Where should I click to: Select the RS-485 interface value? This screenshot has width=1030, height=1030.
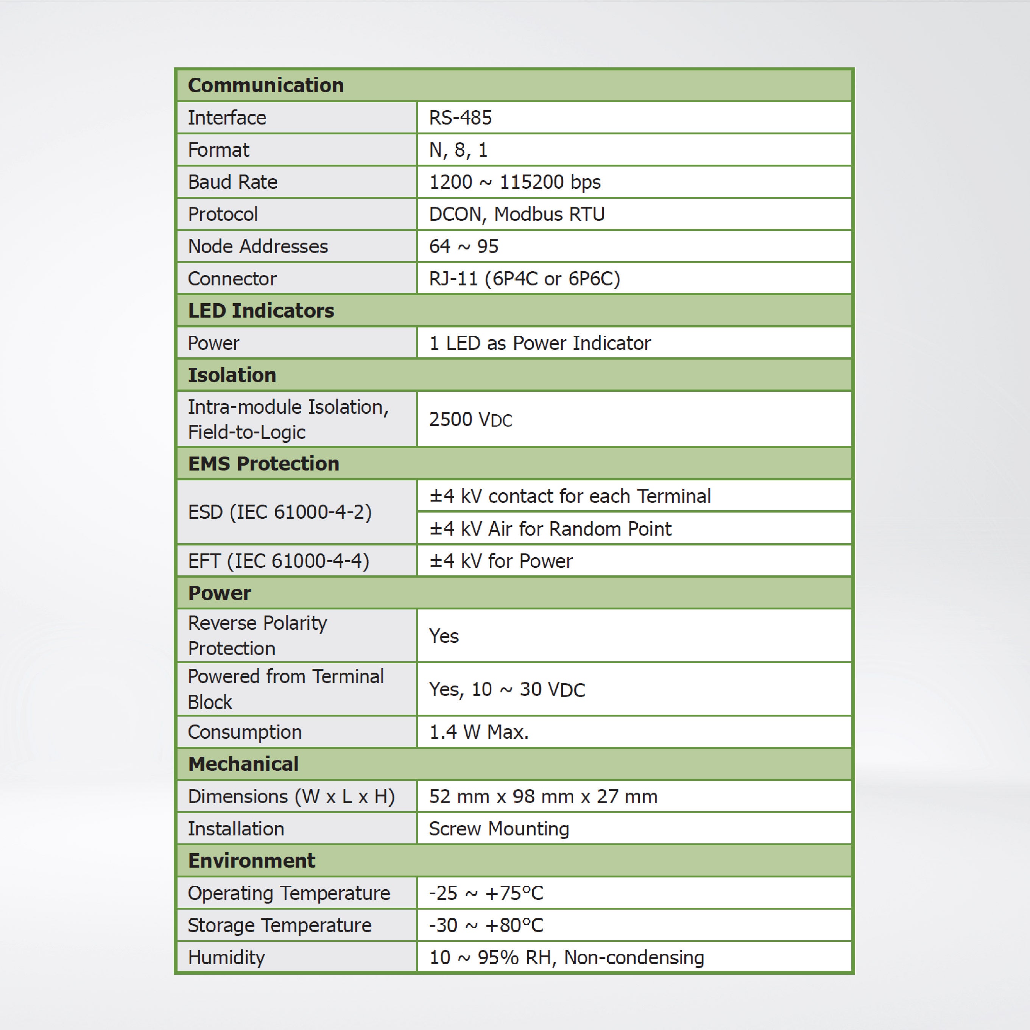tap(460, 118)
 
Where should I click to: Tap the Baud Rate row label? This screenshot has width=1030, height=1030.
tap(232, 182)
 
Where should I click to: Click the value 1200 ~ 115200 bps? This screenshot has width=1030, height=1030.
tap(514, 182)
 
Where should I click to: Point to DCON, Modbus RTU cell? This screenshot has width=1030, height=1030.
tap(517, 214)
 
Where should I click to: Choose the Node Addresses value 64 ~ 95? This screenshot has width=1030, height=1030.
tap(463, 246)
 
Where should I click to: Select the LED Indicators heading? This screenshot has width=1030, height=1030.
tap(261, 311)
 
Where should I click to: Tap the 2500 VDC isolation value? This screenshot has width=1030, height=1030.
tap(470, 419)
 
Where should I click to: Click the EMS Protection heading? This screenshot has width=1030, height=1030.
tap(263, 464)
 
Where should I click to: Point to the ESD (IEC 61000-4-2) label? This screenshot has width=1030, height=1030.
tap(279, 512)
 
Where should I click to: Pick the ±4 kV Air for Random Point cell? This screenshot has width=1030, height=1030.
tap(550, 529)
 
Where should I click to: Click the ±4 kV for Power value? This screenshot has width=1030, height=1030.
tap(500, 561)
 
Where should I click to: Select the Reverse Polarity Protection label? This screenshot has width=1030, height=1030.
tap(257, 636)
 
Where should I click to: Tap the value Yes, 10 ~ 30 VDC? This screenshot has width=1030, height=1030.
tap(507, 689)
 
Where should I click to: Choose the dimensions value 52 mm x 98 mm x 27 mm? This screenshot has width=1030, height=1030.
tap(543, 796)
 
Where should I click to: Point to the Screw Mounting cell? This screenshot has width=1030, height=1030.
tap(499, 829)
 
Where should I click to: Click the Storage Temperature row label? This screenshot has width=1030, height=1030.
tap(279, 925)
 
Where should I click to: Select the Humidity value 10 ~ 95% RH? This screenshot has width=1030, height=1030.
tap(566, 957)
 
